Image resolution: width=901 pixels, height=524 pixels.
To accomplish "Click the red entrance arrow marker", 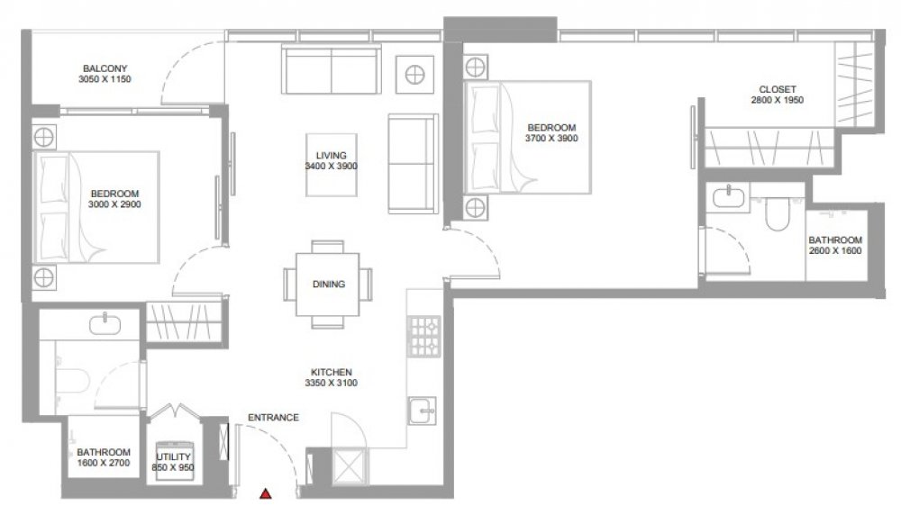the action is click(x=266, y=493).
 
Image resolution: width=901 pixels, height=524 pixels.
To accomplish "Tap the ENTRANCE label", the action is click(x=274, y=417).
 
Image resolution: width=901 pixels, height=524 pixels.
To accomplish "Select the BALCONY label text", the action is click(x=105, y=68).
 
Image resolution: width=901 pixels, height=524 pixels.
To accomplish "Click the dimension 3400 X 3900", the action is click(x=331, y=167).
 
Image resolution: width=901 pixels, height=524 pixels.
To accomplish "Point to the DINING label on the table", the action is click(x=329, y=285).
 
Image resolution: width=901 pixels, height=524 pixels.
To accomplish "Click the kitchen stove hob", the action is click(x=424, y=337).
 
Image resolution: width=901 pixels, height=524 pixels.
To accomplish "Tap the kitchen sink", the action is click(x=423, y=411).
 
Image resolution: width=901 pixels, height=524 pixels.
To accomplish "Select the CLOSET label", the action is click(x=778, y=89).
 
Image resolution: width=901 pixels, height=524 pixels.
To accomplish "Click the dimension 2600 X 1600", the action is click(x=835, y=251).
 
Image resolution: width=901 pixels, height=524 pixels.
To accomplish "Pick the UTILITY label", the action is click(x=174, y=456).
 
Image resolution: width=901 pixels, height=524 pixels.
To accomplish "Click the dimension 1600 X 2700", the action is click(x=104, y=463).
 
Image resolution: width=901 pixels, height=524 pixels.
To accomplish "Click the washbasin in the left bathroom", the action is click(x=105, y=325).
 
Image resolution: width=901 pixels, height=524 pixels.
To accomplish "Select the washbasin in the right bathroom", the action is click(x=729, y=197).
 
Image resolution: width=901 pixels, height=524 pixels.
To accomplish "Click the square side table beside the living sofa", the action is click(x=414, y=75).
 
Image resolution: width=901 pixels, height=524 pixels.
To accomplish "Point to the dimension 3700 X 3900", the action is click(x=551, y=139).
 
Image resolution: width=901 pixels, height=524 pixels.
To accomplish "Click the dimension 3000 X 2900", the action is click(x=114, y=204).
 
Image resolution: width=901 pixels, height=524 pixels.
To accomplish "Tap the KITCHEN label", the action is click(x=332, y=372).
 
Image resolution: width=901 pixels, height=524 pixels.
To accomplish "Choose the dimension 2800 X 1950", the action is click(x=778, y=100).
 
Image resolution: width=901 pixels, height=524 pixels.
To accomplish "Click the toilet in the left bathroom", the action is click(x=74, y=381).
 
